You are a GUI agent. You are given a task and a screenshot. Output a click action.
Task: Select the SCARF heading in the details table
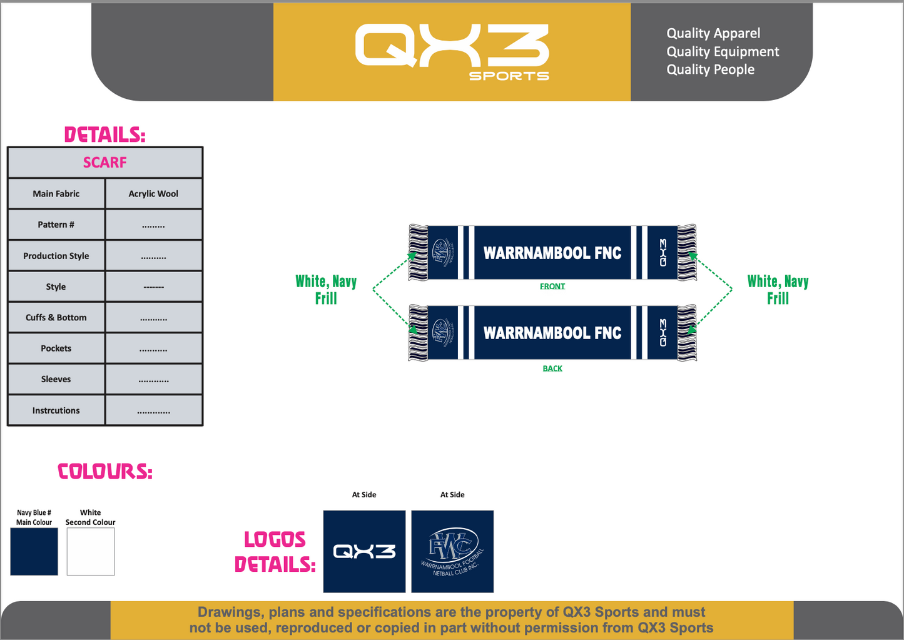coord(105,163)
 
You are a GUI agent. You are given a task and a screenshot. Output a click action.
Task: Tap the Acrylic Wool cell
coord(153,194)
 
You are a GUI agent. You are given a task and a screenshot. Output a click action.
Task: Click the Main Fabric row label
coord(56,194)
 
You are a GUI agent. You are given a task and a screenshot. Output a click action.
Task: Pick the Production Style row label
coord(56,256)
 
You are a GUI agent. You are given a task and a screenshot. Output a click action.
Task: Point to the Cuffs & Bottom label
coord(56,318)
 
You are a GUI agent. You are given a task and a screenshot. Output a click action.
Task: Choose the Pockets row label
coord(56,348)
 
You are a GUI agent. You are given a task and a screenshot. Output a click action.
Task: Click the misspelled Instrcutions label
coord(56,410)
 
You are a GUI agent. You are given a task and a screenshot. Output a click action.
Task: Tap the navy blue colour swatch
coord(34,551)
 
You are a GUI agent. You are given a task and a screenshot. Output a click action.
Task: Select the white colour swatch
coord(91,551)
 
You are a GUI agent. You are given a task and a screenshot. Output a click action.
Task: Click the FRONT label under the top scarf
coord(552,287)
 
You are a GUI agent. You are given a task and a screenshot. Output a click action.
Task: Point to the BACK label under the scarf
coord(552,368)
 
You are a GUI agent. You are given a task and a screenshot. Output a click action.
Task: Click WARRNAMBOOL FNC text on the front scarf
coord(552,253)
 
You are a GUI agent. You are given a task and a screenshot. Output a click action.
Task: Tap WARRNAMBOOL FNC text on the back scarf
coord(552,333)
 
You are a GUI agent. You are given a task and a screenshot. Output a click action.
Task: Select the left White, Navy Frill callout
coord(326,290)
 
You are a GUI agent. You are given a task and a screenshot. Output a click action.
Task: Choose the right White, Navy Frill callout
coord(778,290)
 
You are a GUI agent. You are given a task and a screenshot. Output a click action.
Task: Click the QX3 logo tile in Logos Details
coord(364,551)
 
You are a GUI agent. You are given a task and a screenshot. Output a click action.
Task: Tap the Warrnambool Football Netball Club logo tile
coord(452,551)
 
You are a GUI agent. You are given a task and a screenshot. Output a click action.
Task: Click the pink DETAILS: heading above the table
coord(104,135)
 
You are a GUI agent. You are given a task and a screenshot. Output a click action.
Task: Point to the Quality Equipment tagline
coord(723,52)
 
